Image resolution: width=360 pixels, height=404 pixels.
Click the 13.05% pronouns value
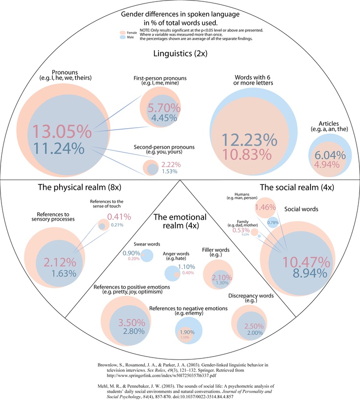[62, 133]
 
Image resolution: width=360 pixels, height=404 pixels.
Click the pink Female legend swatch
[123, 32]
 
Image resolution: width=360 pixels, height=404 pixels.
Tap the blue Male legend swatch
[123, 36]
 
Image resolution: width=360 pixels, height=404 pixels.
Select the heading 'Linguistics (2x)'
[180, 54]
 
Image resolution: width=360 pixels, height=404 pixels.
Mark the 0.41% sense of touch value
[117, 216]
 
